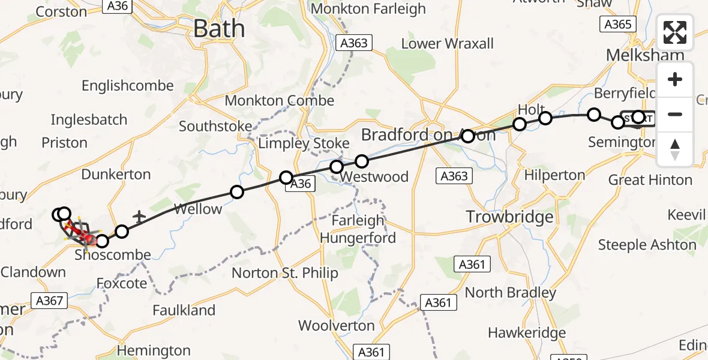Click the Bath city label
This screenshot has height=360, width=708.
tap(220, 29)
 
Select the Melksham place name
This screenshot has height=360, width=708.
tap(644, 55)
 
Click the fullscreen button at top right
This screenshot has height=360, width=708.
tap(675, 32)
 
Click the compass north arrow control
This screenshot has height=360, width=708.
tap(675, 149)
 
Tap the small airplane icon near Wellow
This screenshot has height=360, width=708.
tap(139, 215)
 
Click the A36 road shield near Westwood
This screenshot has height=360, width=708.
tap(301, 184)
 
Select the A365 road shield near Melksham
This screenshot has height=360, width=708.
tap(616, 24)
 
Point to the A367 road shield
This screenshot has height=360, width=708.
tap(49, 301)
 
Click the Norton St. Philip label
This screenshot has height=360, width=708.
tap(285, 273)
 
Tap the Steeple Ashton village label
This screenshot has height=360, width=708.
tap(647, 245)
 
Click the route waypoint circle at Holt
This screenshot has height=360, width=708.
tap(520, 124)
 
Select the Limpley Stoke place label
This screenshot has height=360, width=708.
tap(304, 143)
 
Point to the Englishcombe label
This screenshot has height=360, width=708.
tap(127, 86)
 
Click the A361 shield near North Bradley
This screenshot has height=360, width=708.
tap(437, 303)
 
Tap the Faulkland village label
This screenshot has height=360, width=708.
tap(184, 310)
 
